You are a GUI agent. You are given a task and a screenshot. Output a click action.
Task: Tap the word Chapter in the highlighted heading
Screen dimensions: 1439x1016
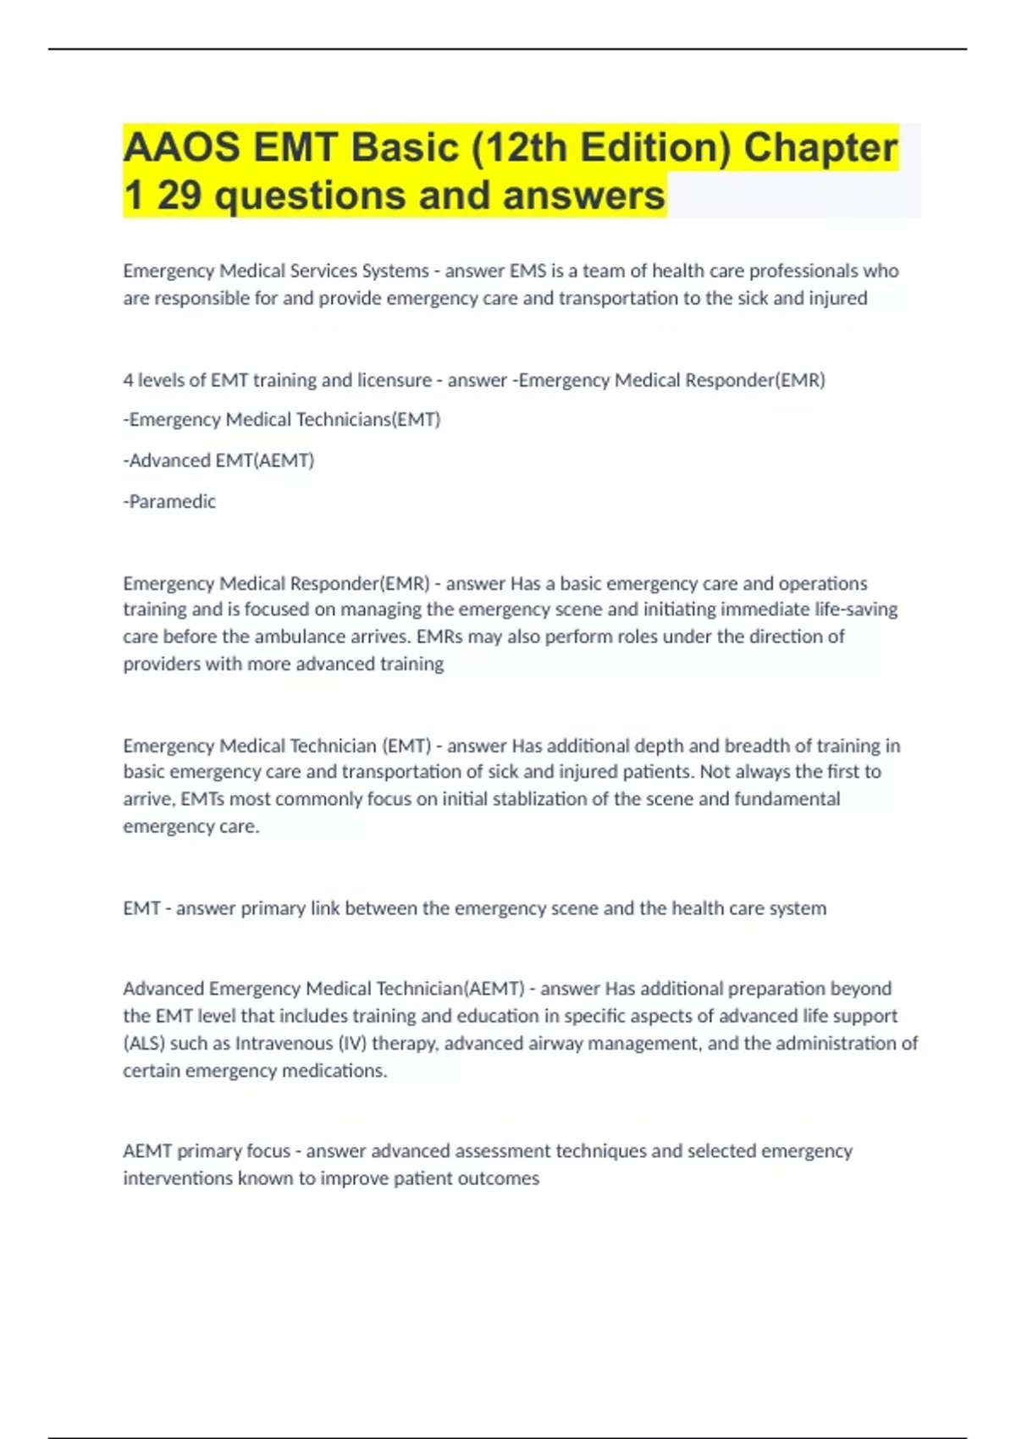(x=820, y=147)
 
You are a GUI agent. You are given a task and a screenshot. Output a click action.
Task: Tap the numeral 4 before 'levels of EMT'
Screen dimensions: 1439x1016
(x=128, y=380)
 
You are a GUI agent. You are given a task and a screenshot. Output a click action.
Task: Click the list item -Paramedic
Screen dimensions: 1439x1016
(x=169, y=502)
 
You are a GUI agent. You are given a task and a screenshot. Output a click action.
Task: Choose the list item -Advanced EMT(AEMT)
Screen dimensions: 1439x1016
(x=218, y=460)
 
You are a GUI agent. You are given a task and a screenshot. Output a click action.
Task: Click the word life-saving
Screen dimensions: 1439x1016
(x=854, y=609)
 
